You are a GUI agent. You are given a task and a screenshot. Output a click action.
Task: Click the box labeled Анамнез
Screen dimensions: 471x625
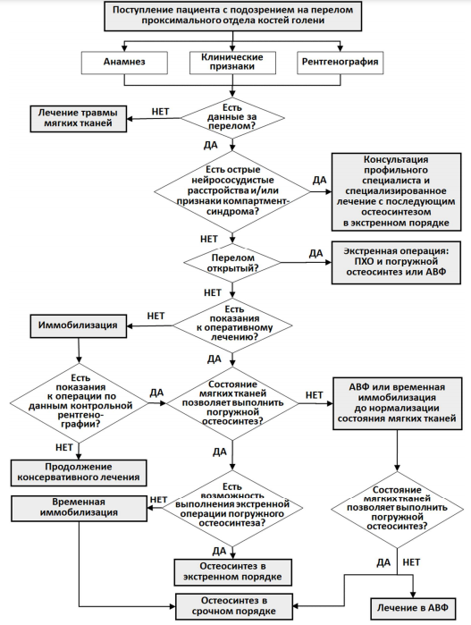(124, 63)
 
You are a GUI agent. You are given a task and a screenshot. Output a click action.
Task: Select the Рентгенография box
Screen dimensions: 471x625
(340, 63)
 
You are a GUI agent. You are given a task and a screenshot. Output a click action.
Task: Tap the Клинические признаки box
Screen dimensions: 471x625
(232, 63)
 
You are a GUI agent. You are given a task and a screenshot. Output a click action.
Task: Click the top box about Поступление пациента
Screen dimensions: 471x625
(232, 16)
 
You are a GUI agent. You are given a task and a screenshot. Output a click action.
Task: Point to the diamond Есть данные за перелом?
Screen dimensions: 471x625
(232, 118)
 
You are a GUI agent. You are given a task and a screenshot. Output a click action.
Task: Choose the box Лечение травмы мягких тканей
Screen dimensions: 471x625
(78, 118)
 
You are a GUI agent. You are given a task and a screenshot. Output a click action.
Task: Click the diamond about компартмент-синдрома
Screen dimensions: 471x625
(232, 191)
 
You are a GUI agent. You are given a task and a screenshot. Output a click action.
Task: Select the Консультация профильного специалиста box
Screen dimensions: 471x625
(396, 191)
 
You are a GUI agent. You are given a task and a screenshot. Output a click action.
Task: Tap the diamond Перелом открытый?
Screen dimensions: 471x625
(232, 263)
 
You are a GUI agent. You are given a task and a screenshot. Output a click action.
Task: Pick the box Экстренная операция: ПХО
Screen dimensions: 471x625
(396, 262)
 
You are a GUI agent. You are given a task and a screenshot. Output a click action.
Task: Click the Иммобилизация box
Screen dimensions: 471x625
(78, 325)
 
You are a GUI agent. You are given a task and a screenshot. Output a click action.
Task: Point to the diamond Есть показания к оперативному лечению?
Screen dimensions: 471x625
(232, 325)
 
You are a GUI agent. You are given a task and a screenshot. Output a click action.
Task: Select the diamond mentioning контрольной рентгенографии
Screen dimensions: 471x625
(79, 403)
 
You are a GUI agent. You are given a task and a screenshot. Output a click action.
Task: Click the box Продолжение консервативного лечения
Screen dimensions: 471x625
(79, 473)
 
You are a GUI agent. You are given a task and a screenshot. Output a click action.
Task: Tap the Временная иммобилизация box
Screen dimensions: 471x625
(79, 508)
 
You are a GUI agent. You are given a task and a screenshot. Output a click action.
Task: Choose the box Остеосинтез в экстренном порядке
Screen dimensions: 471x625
(232, 572)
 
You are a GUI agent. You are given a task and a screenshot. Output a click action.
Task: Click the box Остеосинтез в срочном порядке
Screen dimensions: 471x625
(234, 606)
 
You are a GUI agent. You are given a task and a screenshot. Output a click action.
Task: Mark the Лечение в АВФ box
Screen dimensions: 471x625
(413, 608)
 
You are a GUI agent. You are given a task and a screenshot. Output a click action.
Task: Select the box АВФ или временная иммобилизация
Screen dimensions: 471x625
(398, 403)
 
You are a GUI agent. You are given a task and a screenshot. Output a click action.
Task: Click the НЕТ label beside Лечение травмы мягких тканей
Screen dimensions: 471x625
(160, 112)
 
